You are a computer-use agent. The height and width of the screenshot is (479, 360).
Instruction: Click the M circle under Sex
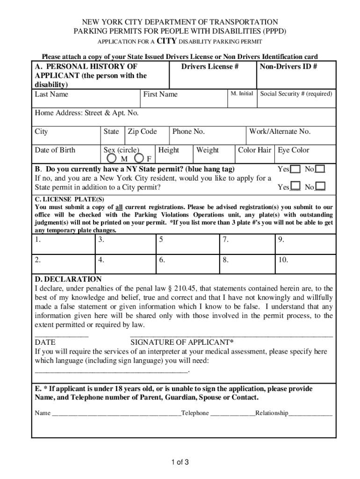108,158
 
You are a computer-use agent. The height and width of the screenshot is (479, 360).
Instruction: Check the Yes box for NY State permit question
295,169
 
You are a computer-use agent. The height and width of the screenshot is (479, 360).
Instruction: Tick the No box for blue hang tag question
320,169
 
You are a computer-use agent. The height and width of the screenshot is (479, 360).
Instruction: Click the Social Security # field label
296,94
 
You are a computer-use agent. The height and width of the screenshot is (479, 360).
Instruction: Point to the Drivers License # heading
210,66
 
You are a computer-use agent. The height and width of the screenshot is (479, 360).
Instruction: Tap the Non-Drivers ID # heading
288,66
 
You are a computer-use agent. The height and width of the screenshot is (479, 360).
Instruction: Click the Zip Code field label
142,131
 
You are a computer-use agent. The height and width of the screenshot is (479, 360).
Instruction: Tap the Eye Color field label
294,150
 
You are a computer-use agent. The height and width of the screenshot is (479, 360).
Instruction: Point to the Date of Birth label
55,150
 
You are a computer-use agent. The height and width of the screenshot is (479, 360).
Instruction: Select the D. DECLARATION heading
68,279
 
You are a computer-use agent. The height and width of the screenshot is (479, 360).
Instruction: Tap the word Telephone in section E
195,413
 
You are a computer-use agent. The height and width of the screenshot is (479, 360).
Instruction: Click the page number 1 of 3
180,463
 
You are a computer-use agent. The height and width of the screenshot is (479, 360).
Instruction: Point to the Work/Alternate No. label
280,131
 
